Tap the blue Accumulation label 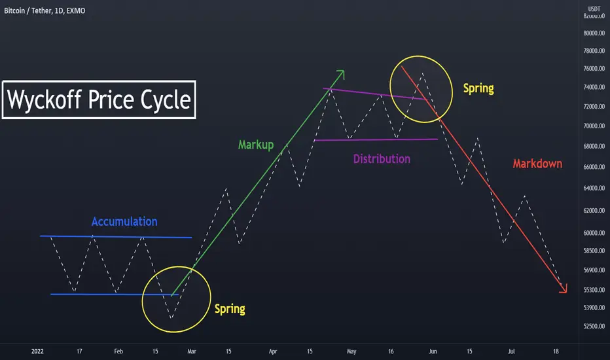tap(124, 221)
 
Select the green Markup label tap(256, 145)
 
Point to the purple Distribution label tap(382, 159)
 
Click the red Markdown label tap(537, 164)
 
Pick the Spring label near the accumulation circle tap(230, 309)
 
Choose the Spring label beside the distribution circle tap(478, 89)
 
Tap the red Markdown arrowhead tap(564, 289)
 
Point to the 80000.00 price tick tap(594, 33)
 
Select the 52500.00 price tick tap(594, 326)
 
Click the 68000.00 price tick tap(594, 147)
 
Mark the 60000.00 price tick tap(594, 233)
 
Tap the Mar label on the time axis tap(192, 351)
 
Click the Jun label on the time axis tap(433, 351)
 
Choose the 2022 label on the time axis tap(37, 351)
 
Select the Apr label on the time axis tap(273, 351)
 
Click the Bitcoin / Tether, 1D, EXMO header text tap(45, 11)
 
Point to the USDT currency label tap(594, 9)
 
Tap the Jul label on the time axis tap(511, 351)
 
